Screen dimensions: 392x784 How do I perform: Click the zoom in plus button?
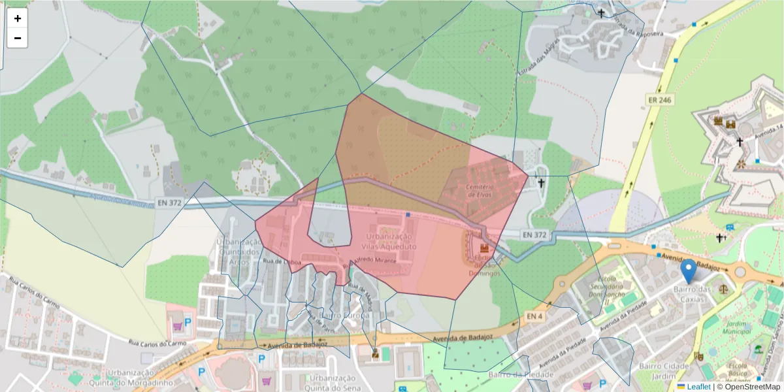(18, 18)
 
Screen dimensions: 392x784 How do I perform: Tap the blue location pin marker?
(688, 272)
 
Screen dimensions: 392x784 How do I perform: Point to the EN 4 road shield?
(534, 316)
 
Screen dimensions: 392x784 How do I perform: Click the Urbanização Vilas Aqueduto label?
(389, 241)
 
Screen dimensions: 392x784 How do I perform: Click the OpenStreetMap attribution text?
(751, 387)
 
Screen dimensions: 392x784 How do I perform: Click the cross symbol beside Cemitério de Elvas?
(541, 184)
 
